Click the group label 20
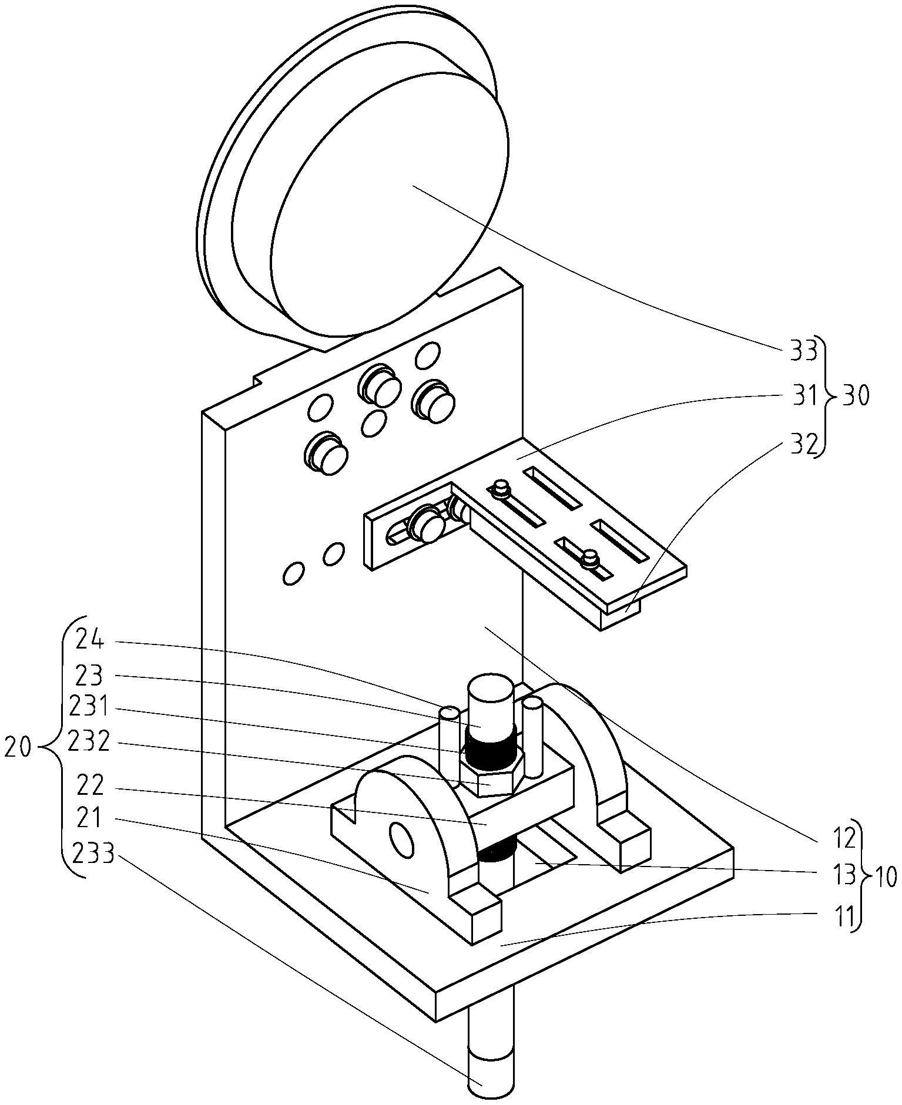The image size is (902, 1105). (19, 749)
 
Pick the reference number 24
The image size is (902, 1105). (90, 640)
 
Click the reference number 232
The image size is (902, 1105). (89, 743)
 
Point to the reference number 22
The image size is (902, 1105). (90, 784)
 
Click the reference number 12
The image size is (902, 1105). (844, 839)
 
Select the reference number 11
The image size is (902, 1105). (844, 916)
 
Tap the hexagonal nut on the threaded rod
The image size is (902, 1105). (491, 776)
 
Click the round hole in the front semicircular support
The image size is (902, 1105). (402, 841)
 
